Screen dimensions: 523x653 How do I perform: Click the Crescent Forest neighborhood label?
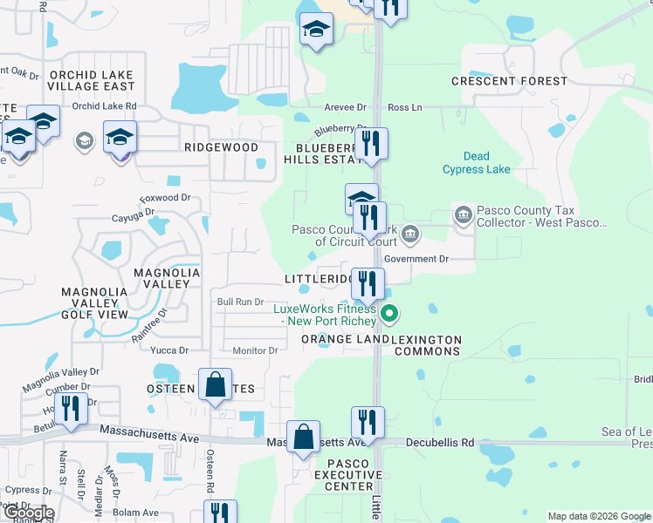(509, 81)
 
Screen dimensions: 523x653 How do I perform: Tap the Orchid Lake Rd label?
(105, 106)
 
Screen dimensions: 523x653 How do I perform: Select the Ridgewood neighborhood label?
(221, 147)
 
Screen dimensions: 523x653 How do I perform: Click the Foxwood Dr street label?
(164, 198)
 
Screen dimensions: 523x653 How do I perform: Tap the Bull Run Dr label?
(240, 302)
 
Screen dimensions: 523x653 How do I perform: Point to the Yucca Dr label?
(169, 350)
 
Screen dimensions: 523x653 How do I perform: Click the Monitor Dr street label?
(255, 350)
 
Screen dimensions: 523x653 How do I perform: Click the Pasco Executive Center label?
(354, 474)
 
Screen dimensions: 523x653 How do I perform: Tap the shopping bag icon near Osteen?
(215, 385)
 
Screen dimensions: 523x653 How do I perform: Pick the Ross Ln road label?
(404, 107)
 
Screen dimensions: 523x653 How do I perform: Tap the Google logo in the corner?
(28, 513)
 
